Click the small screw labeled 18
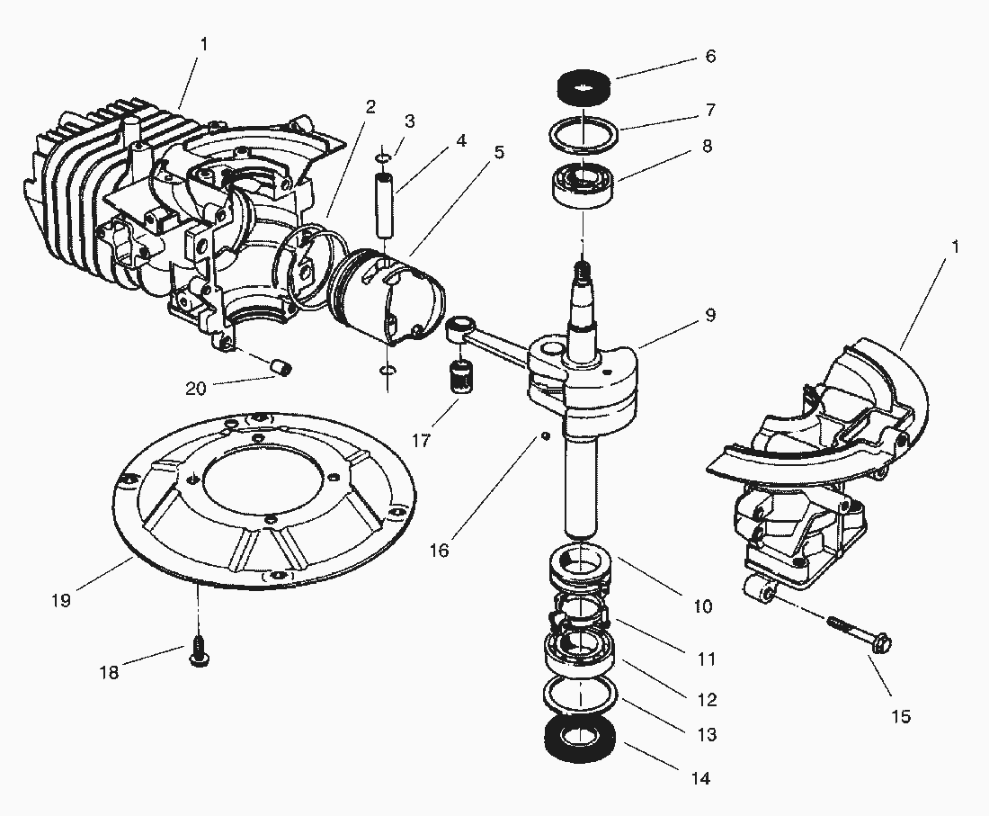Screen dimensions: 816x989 click(199, 655)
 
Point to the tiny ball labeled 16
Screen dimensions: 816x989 click(544, 436)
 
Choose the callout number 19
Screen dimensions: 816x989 click(60, 600)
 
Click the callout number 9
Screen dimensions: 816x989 click(709, 316)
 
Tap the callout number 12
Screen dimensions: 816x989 click(707, 699)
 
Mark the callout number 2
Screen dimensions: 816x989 click(370, 106)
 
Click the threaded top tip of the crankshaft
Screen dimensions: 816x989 click(584, 267)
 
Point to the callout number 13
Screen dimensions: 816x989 click(707, 735)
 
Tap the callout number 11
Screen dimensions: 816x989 click(707, 659)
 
